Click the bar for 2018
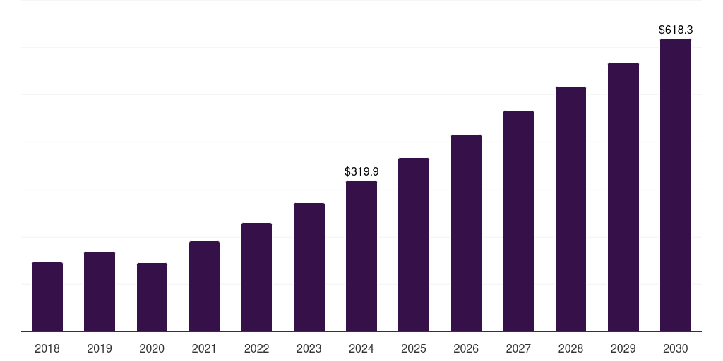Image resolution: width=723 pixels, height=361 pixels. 47,297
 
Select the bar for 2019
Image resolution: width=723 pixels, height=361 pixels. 100,291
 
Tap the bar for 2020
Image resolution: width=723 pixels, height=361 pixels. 152,297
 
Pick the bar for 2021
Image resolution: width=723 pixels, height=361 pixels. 204,286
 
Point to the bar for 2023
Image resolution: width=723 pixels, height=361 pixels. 309,267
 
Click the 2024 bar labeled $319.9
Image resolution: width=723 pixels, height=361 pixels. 361,256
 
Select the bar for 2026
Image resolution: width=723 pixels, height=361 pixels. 466,233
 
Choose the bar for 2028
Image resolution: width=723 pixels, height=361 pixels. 570,209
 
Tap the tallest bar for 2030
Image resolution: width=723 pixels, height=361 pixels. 676,185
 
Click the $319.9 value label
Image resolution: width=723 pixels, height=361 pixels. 361,171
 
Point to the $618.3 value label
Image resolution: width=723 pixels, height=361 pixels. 676,30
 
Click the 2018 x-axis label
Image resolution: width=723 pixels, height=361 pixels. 47,348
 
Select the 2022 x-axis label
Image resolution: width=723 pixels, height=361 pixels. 257,348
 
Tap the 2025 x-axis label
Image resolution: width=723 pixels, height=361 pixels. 414,348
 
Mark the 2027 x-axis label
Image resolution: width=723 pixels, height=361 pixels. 518,348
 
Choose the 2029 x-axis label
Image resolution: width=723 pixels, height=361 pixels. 623,348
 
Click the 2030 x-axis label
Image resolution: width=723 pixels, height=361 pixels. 676,348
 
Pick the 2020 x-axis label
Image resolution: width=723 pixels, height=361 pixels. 152,348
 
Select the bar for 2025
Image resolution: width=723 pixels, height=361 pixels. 414,245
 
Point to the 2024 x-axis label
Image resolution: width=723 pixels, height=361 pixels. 361,348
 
